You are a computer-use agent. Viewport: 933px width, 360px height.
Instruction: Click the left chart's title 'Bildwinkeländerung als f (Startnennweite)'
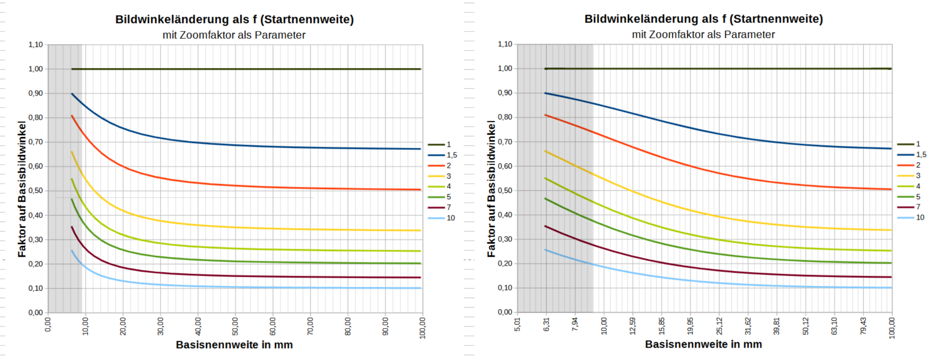pyautogui.click(x=235, y=20)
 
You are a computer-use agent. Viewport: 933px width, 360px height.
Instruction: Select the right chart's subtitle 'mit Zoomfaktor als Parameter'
pyautogui.click(x=703, y=35)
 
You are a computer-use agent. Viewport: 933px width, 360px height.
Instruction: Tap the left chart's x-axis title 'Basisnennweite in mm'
pyautogui.click(x=234, y=345)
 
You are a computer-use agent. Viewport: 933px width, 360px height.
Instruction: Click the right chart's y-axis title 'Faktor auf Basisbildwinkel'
pyautogui.click(x=491, y=188)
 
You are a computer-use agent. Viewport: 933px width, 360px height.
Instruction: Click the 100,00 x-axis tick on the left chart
pyautogui.click(x=422, y=328)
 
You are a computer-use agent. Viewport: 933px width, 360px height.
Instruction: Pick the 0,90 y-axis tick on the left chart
pyautogui.click(x=35, y=93)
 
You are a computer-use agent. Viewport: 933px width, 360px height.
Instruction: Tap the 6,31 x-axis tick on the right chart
pyautogui.click(x=546, y=325)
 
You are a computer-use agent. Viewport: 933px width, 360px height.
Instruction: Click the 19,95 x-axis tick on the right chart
pyautogui.click(x=690, y=326)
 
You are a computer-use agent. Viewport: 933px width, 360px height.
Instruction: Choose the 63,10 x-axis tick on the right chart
pyautogui.click(x=834, y=326)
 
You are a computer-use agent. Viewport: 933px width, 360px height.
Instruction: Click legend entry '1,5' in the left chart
pyautogui.click(x=452, y=155)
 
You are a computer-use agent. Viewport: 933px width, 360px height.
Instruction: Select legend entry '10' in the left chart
pyautogui.click(x=450, y=218)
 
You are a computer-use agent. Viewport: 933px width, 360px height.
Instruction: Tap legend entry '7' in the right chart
pyautogui.click(x=918, y=207)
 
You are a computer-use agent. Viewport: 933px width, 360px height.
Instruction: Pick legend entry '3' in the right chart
pyautogui.click(x=918, y=176)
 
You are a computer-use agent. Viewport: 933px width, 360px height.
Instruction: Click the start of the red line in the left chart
pyautogui.click(x=72, y=116)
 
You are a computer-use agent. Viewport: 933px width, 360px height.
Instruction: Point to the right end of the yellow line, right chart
pyautogui.click(x=891, y=230)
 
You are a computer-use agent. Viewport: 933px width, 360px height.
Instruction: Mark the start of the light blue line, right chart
pyautogui.click(x=546, y=250)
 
